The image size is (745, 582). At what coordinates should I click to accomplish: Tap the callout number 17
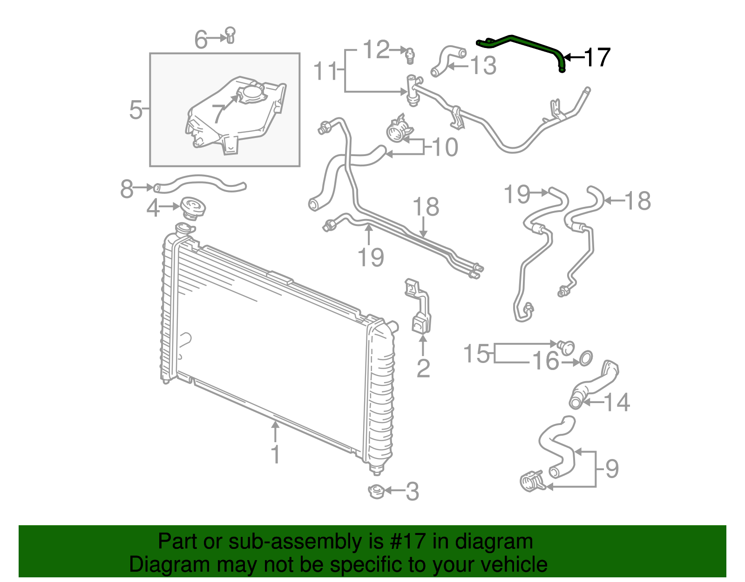(597, 58)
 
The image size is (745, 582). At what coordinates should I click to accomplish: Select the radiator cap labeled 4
(193, 208)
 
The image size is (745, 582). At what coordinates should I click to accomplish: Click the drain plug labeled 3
(377, 492)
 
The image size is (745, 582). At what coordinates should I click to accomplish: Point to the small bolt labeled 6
(230, 35)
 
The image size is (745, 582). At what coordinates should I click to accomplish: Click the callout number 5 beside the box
(136, 110)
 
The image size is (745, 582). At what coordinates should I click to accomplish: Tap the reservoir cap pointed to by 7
(252, 94)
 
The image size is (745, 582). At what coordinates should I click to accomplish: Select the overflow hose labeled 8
(200, 185)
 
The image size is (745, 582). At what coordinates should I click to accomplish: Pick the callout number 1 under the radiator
(275, 454)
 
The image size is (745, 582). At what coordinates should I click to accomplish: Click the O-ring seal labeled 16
(586, 359)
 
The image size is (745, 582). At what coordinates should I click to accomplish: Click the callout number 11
(325, 71)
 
